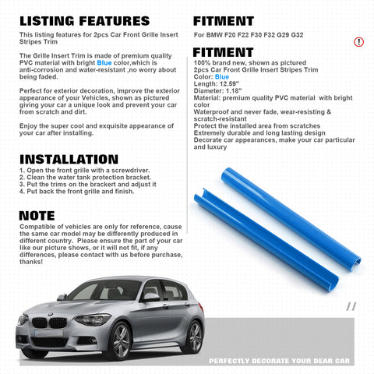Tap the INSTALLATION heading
pyautogui.click(x=69, y=159)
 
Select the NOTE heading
pyautogui.click(x=37, y=215)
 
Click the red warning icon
pyautogui.click(x=358, y=41)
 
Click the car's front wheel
pyautogui.click(x=120, y=340)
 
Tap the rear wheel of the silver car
pyautogui.click(x=194, y=336)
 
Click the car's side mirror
pyautogui.click(x=150, y=297)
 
